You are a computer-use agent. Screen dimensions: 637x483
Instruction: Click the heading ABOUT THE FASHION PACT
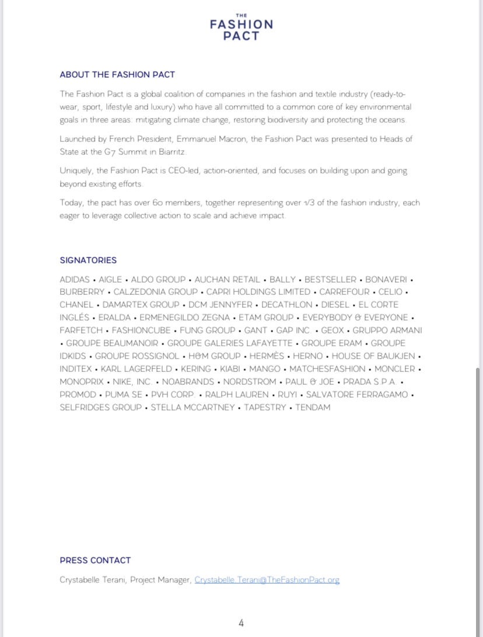point(117,75)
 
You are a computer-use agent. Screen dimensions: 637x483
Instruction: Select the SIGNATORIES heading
point(88,260)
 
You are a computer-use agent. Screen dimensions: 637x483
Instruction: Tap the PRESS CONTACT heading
point(95,561)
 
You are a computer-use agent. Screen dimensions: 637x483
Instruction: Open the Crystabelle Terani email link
point(267,580)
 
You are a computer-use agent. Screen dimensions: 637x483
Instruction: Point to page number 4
point(241,623)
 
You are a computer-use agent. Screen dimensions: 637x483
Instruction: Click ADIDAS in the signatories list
point(75,280)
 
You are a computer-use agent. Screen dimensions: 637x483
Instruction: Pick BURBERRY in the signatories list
point(82,292)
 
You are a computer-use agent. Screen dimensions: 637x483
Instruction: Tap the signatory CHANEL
point(76,305)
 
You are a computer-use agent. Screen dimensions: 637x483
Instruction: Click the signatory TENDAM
point(313,408)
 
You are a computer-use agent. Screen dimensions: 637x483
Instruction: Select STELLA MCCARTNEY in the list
point(192,408)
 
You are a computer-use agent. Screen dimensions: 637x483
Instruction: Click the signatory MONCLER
point(394,369)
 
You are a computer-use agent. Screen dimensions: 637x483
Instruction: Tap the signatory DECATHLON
point(286,305)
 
